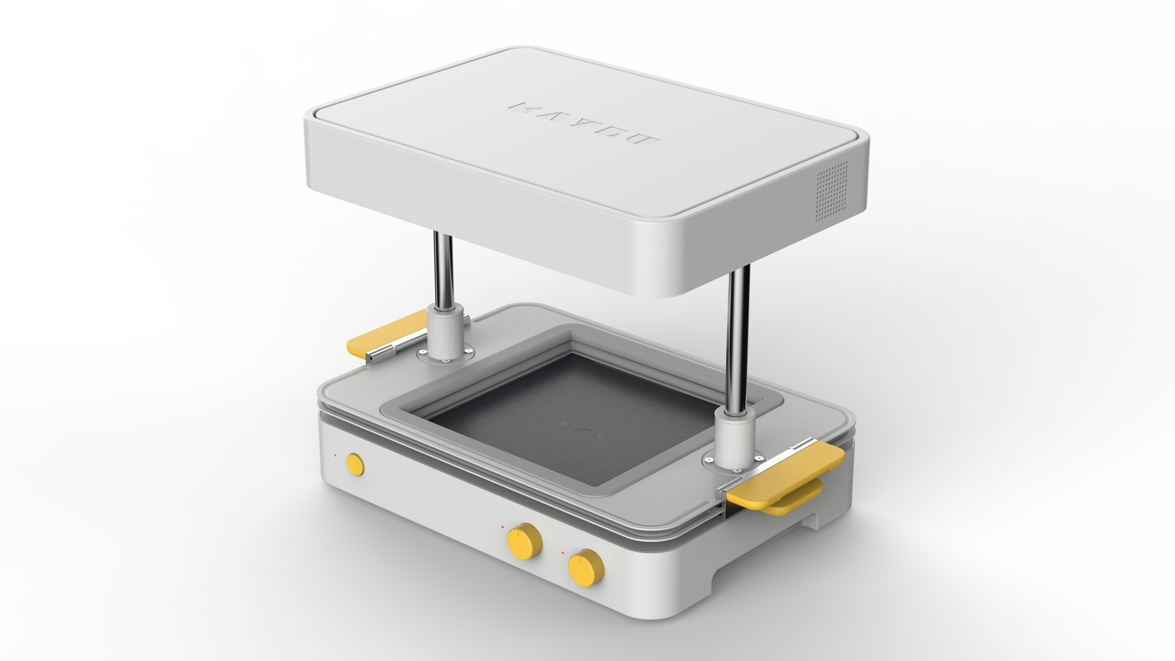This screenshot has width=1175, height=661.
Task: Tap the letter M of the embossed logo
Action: pos(522,108)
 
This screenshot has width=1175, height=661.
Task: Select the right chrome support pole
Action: pos(738,337)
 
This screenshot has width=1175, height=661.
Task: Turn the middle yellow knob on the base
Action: pos(525,541)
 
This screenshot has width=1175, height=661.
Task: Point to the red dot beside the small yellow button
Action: pos(335,455)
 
